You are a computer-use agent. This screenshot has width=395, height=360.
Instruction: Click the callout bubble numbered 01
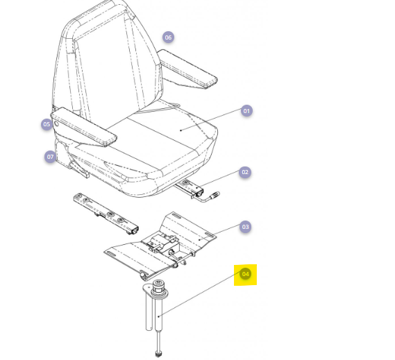[x=246, y=111]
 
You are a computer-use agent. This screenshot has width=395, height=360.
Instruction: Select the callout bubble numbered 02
[x=245, y=172]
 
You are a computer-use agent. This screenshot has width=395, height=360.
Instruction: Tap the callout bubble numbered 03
[x=245, y=227]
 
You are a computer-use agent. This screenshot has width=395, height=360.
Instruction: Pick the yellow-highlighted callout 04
[x=245, y=274]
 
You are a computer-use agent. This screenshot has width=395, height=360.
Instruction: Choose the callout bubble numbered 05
[x=47, y=124]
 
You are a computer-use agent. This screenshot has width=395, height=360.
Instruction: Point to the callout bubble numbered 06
[x=168, y=37]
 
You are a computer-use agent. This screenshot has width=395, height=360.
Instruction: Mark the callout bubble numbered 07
[x=50, y=157]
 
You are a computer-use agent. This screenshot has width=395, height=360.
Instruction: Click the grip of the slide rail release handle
[x=215, y=195]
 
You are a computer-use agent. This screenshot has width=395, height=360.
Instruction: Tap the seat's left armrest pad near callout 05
[x=83, y=127]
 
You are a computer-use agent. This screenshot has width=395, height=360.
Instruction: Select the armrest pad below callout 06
[x=187, y=69]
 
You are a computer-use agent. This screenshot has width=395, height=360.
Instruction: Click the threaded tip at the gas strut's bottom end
[x=158, y=354]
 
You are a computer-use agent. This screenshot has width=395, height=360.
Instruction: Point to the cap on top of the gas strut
[x=158, y=284]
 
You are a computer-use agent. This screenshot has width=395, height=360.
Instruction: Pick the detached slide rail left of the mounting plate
[x=106, y=214]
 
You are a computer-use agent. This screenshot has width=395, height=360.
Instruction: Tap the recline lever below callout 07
[x=79, y=169]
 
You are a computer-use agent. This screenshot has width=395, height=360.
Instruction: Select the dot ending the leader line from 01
[x=180, y=130]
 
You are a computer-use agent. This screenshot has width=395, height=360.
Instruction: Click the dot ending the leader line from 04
[x=158, y=316]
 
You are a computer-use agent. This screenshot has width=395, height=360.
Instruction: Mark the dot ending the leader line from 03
[x=199, y=240]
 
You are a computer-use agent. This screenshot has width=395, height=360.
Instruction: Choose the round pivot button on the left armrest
[x=56, y=123]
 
